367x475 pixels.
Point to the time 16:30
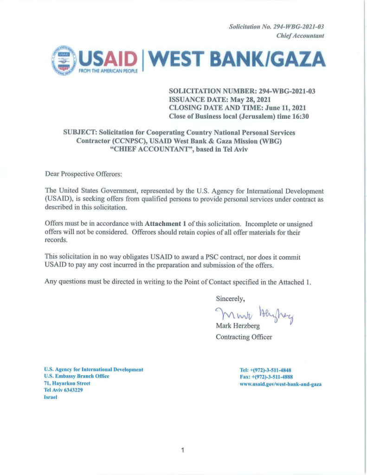click(x=300, y=116)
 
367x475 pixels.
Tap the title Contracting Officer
click(x=244, y=337)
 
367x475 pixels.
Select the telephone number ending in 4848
click(x=265, y=370)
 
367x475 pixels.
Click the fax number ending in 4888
click(x=266, y=377)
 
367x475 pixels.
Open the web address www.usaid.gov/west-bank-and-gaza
click(x=281, y=384)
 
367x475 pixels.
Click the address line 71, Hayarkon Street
click(x=67, y=384)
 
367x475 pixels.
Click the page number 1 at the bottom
click(x=183, y=450)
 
